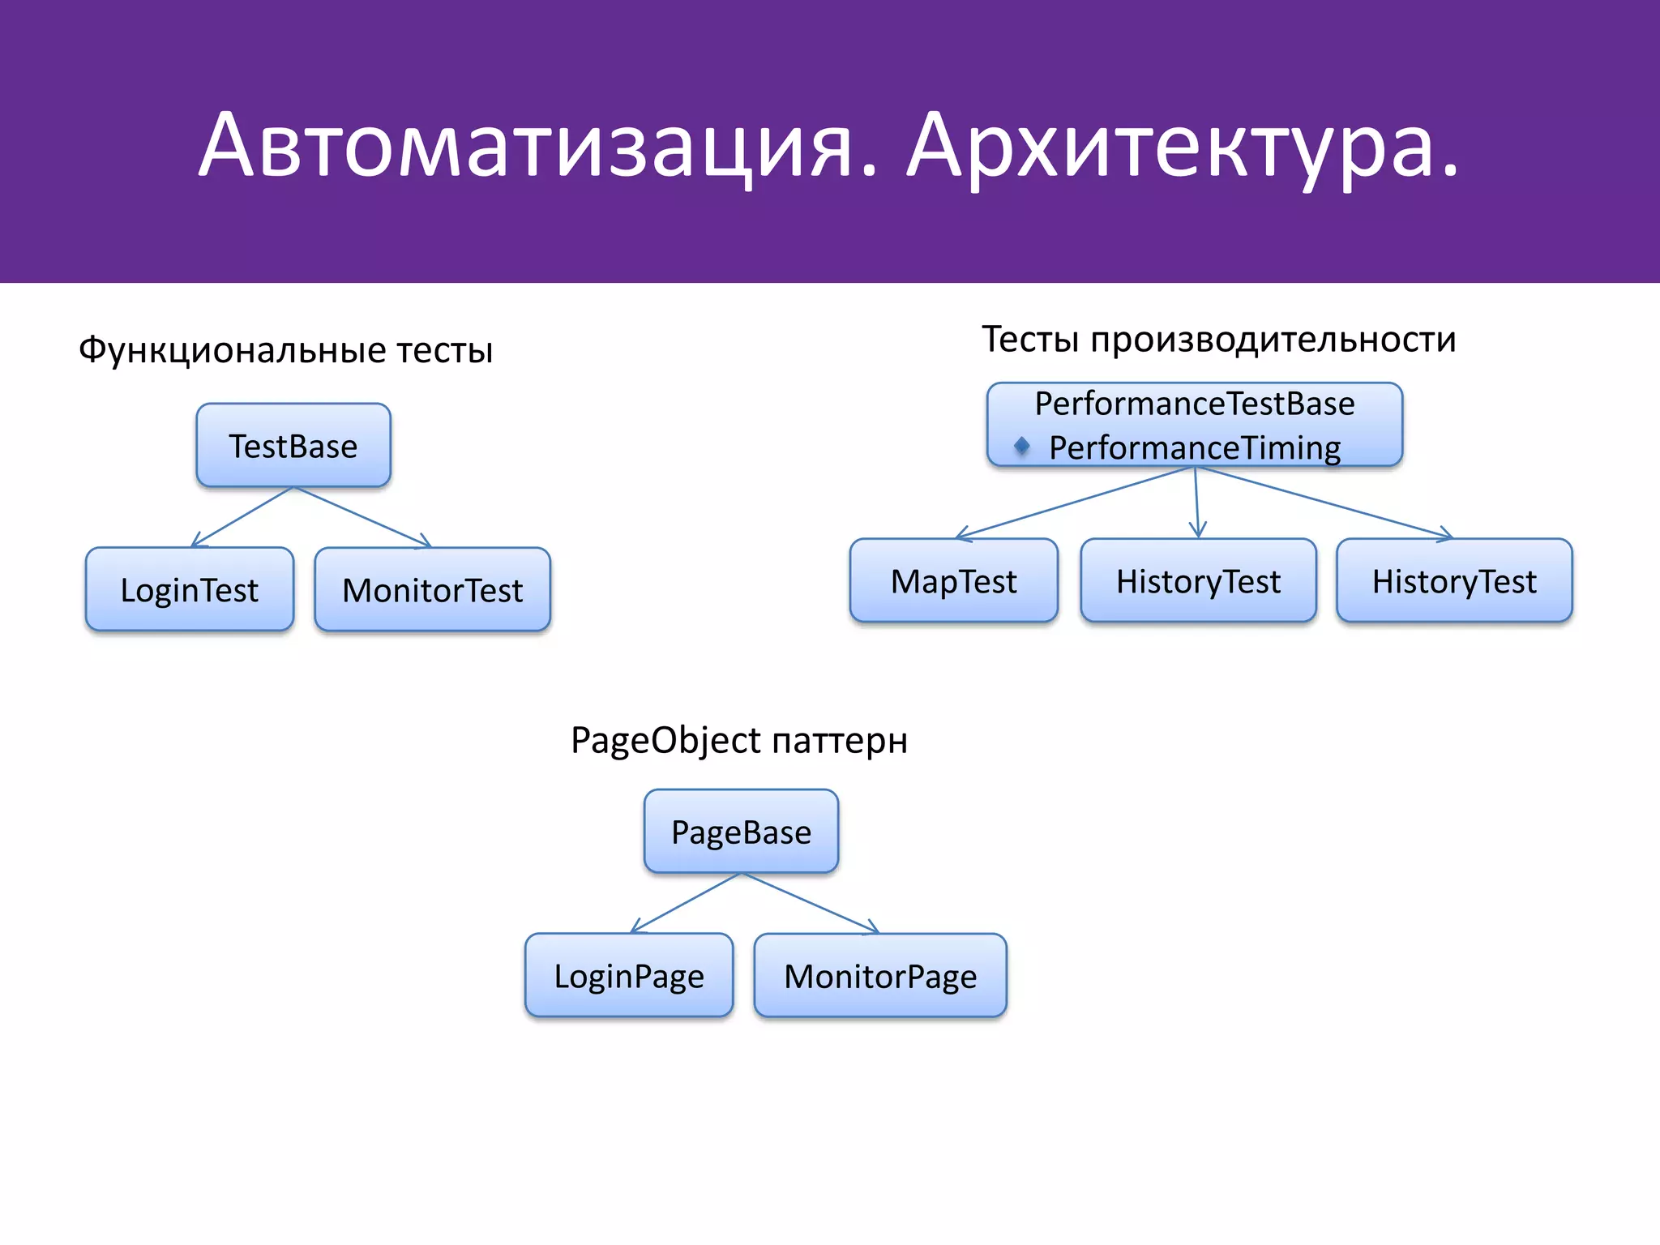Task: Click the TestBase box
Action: point(293,446)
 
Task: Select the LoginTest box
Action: point(189,589)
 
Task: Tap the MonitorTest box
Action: point(432,589)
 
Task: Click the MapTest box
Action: point(953,581)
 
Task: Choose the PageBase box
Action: point(741,832)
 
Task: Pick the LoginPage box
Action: point(629,975)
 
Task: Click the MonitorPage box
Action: point(880,975)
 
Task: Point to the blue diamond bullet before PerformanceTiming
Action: point(1022,445)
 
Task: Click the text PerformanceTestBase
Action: point(1195,404)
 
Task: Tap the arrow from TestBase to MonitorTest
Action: point(362,517)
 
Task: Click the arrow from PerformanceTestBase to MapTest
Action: point(1075,503)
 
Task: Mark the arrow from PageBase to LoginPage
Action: point(686,903)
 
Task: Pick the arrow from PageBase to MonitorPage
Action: point(811,903)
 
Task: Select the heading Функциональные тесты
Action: point(285,350)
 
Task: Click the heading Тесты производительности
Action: point(1219,339)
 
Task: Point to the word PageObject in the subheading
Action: point(665,740)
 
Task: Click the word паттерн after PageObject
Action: point(840,740)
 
